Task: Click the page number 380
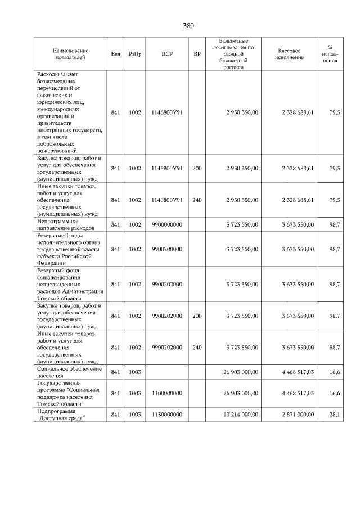coord(188,26)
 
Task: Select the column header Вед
coord(115,54)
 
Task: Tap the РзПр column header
coord(135,54)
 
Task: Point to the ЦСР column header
coord(167,54)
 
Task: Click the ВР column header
coord(196,54)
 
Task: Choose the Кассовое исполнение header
coord(290,54)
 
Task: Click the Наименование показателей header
coord(70,54)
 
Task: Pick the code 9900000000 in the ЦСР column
coord(167,224)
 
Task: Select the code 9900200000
coord(167,249)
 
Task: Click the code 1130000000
coord(167,415)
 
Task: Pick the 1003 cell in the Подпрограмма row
coord(135,415)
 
